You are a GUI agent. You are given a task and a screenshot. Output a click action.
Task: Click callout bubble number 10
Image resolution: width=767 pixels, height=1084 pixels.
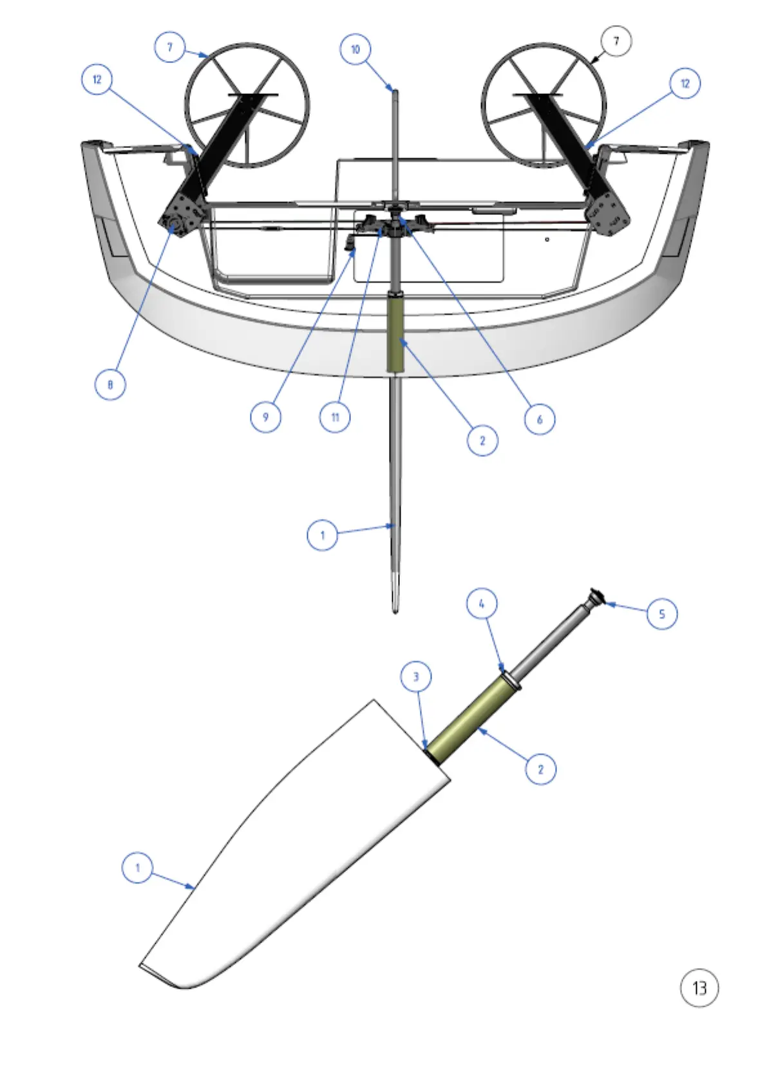pyautogui.click(x=355, y=50)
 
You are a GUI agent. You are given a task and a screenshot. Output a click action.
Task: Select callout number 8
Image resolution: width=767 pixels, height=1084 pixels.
pyautogui.click(x=110, y=385)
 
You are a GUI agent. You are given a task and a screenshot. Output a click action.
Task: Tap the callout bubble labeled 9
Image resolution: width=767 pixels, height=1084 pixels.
pyautogui.click(x=265, y=417)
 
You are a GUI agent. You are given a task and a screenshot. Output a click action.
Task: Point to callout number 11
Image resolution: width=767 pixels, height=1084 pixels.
pyautogui.click(x=335, y=417)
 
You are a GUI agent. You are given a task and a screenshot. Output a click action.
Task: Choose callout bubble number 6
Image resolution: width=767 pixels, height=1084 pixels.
pyautogui.click(x=540, y=420)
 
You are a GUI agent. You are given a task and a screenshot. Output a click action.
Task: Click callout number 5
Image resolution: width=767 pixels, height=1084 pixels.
pyautogui.click(x=662, y=613)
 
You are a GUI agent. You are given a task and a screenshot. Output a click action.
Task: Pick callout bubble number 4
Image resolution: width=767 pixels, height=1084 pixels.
pyautogui.click(x=482, y=604)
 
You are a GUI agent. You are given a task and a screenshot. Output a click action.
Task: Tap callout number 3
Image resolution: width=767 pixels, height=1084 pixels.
pyautogui.click(x=416, y=677)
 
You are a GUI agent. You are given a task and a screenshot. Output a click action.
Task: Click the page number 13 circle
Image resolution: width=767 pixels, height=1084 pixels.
pyautogui.click(x=699, y=987)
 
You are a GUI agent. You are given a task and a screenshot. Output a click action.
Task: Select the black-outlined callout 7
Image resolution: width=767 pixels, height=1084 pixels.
pyautogui.click(x=616, y=41)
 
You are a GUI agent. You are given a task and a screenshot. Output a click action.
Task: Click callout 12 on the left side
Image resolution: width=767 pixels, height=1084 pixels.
pyautogui.click(x=97, y=80)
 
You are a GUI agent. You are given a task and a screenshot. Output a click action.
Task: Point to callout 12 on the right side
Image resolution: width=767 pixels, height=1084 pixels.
pyautogui.click(x=685, y=84)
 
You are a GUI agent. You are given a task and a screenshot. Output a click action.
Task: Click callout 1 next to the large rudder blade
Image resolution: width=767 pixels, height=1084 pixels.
pyautogui.click(x=137, y=868)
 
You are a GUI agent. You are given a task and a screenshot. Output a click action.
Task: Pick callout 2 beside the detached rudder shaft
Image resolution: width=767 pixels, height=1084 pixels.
pyautogui.click(x=540, y=769)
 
